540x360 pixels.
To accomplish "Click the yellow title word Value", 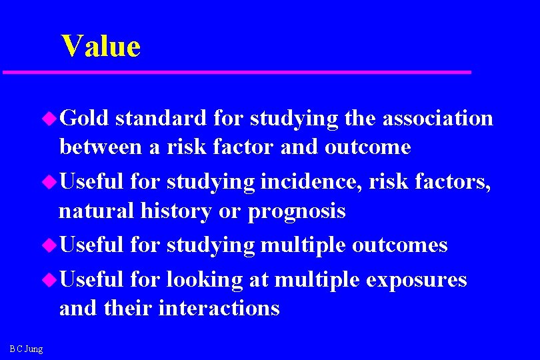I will coord(101,47).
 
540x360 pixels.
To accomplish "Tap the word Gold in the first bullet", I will coord(84,118).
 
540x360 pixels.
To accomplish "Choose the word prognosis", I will coord(297,211).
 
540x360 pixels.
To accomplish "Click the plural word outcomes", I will coord(399,245).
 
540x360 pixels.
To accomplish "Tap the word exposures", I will coord(416,280).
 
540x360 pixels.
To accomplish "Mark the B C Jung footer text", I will coord(27,348).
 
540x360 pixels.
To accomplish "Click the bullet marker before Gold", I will coord(51,119).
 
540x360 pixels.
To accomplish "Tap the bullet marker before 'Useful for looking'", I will coord(51,280).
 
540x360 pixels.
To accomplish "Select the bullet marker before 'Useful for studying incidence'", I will coord(51,182).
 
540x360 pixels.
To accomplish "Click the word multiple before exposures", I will coord(317,280).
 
